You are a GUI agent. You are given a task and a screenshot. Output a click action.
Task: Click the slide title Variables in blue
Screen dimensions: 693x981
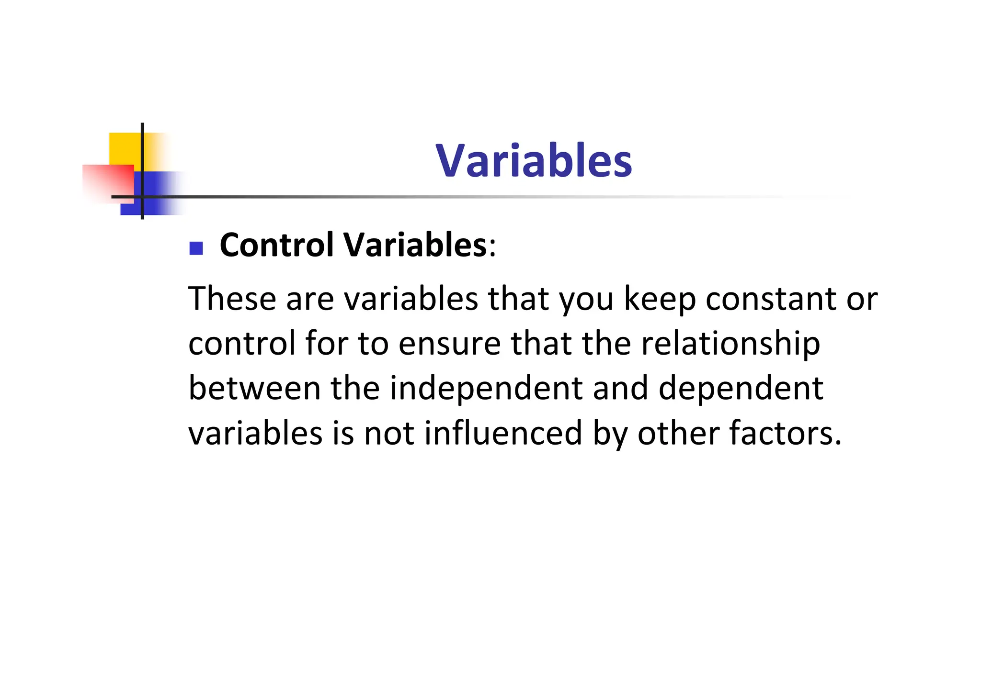point(534,161)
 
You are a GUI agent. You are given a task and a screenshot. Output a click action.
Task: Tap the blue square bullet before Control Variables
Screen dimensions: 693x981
point(196,248)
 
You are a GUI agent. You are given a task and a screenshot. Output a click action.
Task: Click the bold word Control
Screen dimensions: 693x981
point(276,245)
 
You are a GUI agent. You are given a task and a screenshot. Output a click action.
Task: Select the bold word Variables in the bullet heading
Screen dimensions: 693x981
point(415,245)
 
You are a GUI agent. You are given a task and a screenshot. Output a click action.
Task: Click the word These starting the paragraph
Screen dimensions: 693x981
point(232,299)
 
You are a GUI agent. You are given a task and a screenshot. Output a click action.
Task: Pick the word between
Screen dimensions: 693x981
point(254,388)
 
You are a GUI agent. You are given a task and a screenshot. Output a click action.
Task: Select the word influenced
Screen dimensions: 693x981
point(503,433)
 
